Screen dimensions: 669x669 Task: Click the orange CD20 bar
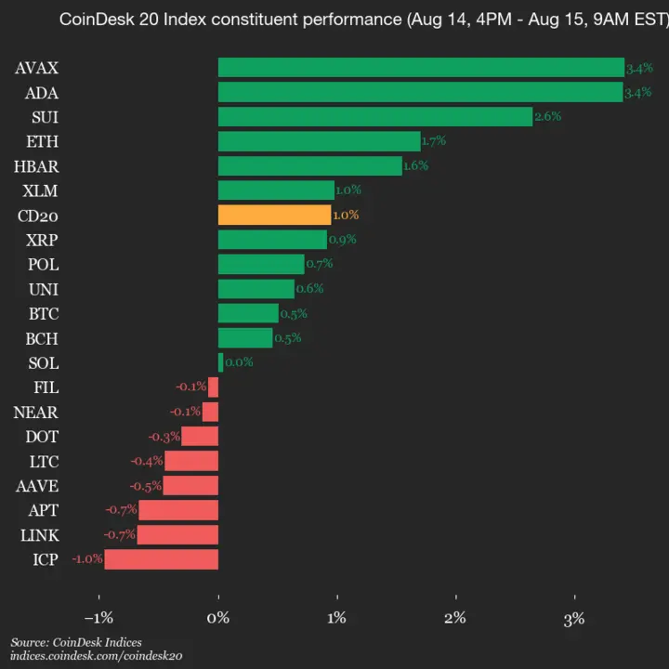pos(274,215)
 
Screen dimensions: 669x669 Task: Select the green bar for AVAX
pos(421,68)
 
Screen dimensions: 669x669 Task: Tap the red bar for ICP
pos(161,559)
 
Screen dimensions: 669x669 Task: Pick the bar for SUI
pos(375,116)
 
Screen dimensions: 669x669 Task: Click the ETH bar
pos(319,141)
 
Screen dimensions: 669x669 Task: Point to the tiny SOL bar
pos(220,362)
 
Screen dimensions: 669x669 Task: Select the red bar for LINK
pos(177,534)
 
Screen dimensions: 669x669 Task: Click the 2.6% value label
pos(547,116)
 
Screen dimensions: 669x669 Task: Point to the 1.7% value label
pos(434,141)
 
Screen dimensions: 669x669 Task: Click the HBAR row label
pos(36,166)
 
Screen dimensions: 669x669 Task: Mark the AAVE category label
pos(36,485)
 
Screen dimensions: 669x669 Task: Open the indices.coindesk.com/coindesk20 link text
pos(96,655)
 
